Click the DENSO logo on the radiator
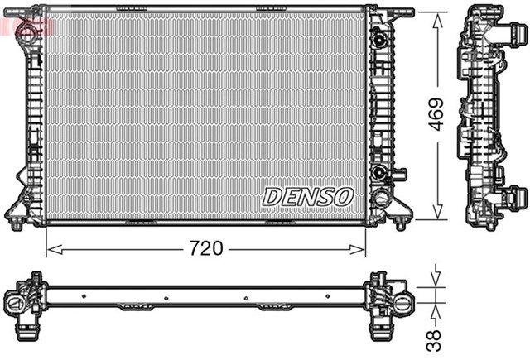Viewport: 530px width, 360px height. tap(308, 196)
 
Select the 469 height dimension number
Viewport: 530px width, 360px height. tap(437, 117)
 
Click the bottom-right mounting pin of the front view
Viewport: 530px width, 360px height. tap(400, 223)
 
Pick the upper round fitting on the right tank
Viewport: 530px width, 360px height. tap(379, 39)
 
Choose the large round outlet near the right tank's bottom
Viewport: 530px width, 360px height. tap(380, 199)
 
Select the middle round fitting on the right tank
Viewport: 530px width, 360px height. tap(379, 172)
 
